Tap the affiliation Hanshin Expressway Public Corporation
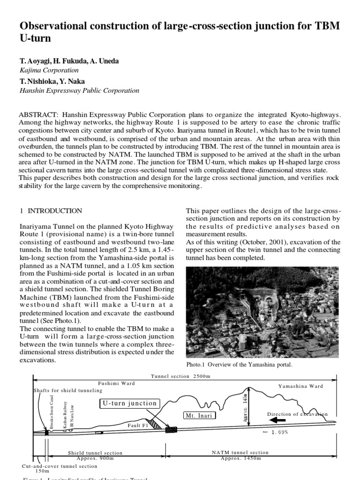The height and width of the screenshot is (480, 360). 79,90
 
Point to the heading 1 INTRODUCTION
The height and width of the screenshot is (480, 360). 54,211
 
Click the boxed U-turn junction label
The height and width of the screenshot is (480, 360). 130,404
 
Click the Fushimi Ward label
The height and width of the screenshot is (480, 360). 116,383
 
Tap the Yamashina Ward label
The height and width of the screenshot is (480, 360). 300,386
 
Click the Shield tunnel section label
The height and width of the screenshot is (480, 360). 95,453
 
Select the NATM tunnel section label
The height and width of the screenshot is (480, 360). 240,452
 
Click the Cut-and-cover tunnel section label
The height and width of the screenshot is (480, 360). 60,466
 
